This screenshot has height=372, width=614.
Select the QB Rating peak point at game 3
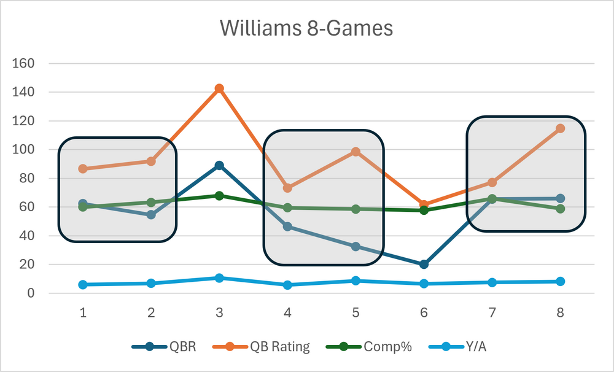click(x=219, y=88)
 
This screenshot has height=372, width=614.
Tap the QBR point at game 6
click(x=424, y=265)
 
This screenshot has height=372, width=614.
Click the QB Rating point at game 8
click(x=560, y=128)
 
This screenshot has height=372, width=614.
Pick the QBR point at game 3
click(x=219, y=166)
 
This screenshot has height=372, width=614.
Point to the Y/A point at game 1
click(x=83, y=285)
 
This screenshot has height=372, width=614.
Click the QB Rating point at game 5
click(x=356, y=152)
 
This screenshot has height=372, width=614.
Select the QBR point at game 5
click(x=356, y=247)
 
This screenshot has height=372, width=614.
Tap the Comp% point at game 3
click(x=219, y=196)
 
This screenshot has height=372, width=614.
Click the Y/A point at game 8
click(x=560, y=282)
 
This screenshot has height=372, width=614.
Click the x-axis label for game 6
click(x=424, y=312)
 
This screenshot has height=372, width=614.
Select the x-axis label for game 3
click(x=219, y=312)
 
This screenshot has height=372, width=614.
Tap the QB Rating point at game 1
click(x=83, y=169)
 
